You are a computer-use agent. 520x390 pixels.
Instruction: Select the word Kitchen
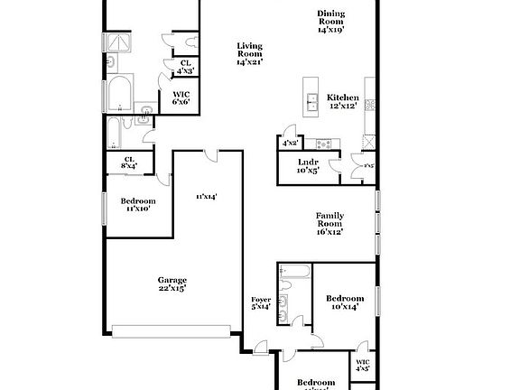click(x=342, y=97)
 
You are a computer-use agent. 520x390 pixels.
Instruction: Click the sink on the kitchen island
click(x=311, y=101)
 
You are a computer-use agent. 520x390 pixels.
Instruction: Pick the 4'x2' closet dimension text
click(x=290, y=143)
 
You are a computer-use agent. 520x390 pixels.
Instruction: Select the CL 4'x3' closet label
click(x=185, y=66)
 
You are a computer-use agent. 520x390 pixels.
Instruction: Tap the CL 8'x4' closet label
click(x=128, y=162)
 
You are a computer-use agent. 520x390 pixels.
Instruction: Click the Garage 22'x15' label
click(x=172, y=283)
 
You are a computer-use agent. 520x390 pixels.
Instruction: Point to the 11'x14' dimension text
click(x=207, y=196)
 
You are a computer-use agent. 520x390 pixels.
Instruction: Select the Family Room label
click(x=329, y=223)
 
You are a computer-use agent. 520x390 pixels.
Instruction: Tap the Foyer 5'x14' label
click(x=261, y=303)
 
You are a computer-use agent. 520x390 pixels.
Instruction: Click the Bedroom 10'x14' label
click(x=345, y=302)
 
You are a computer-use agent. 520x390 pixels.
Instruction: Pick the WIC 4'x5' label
click(x=362, y=364)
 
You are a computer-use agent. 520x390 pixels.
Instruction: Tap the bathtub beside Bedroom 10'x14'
click(x=294, y=274)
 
